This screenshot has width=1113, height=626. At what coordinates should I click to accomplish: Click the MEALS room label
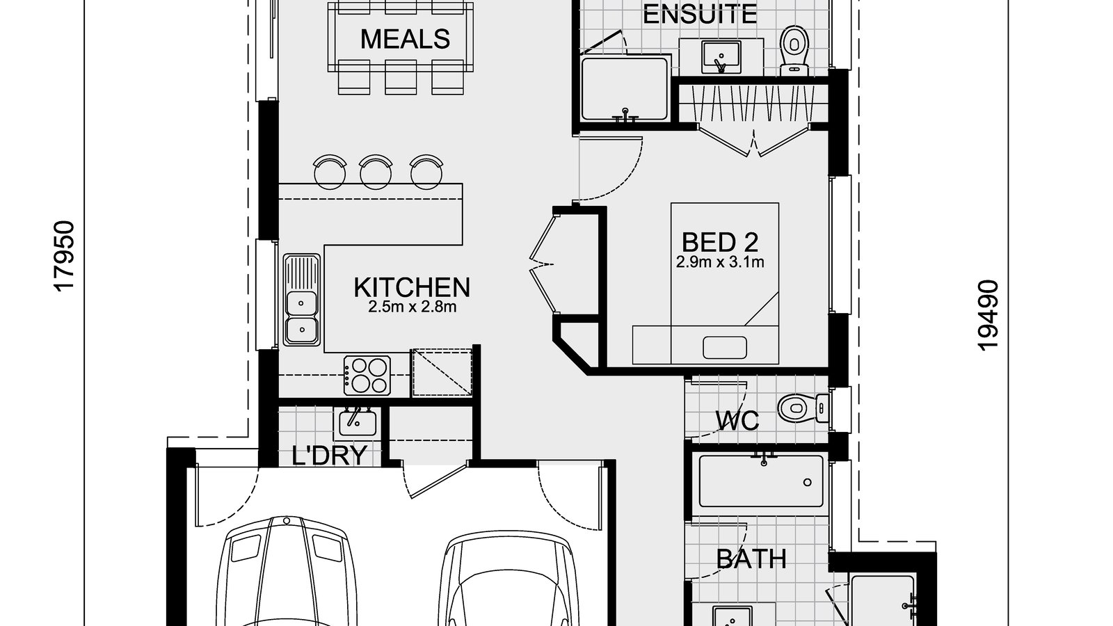pyautogui.click(x=405, y=39)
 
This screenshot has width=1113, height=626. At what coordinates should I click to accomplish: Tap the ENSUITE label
pyautogui.click(x=699, y=14)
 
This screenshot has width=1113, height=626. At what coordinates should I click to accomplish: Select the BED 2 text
pyautogui.click(x=719, y=242)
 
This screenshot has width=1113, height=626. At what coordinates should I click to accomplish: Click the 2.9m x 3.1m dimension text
pyautogui.click(x=719, y=263)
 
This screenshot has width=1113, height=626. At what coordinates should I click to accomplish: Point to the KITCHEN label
pyautogui.click(x=412, y=287)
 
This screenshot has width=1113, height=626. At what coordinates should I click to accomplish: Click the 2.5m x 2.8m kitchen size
pyautogui.click(x=412, y=307)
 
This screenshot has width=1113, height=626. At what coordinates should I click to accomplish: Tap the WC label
pyautogui.click(x=737, y=420)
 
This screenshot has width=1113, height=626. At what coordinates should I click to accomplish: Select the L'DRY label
pyautogui.click(x=329, y=456)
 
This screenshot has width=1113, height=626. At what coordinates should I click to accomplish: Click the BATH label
pyautogui.click(x=751, y=559)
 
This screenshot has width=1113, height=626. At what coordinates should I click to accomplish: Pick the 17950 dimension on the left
pyautogui.click(x=64, y=257)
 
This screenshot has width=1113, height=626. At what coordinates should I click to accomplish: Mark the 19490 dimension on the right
pyautogui.click(x=988, y=314)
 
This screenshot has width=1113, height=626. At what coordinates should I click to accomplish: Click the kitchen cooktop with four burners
pyautogui.click(x=367, y=376)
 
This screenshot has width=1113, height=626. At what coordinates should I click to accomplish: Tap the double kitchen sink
pyautogui.click(x=302, y=300)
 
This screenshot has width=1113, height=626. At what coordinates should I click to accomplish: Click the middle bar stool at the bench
pyautogui.click(x=376, y=171)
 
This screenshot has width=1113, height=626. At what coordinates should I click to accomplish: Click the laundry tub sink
pyautogui.click(x=358, y=422)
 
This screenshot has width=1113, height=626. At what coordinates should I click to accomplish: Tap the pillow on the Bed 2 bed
pyautogui.click(x=724, y=347)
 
